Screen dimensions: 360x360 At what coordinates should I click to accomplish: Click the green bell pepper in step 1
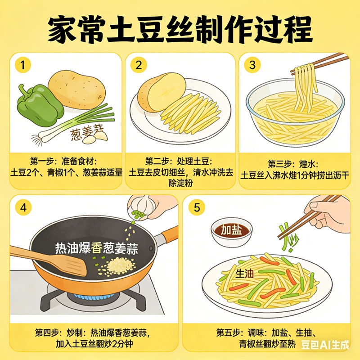click(x=40, y=105)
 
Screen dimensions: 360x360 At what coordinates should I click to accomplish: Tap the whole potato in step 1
click(x=77, y=90)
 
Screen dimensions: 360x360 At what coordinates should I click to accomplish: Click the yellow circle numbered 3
click(x=252, y=65)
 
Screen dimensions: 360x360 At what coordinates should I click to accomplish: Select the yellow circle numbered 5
click(x=197, y=207)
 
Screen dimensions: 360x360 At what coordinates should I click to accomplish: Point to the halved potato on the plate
click(x=162, y=92)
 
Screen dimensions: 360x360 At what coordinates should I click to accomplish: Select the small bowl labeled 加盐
click(x=231, y=231)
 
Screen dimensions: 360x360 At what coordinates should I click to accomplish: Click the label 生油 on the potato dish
click(x=245, y=274)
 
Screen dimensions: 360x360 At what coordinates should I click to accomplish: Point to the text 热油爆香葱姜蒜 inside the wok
click(x=96, y=248)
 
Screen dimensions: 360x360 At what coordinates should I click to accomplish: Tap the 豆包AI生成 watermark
click(x=325, y=345)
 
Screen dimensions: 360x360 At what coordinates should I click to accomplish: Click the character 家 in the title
click(x=62, y=29)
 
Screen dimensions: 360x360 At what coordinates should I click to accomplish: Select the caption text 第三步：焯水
click(x=293, y=164)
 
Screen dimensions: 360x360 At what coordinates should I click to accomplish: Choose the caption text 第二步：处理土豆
click(x=179, y=161)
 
